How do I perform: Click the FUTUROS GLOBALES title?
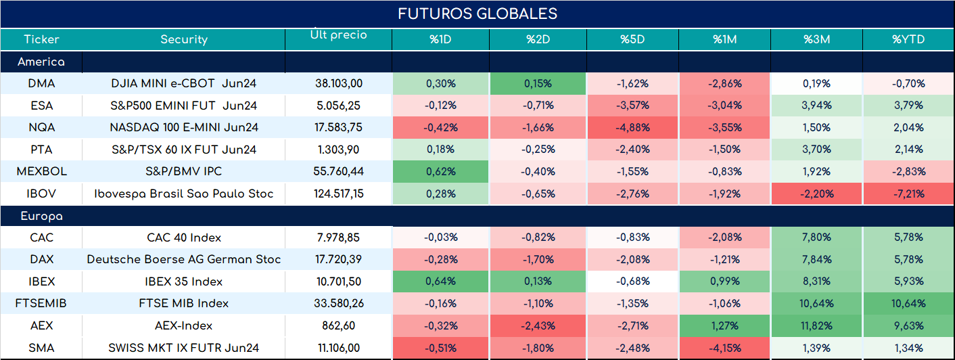(477, 14)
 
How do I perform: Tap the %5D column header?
(632, 39)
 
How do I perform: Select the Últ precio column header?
(339, 35)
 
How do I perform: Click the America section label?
(41, 62)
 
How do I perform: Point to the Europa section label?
(41, 217)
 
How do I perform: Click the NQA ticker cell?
(41, 127)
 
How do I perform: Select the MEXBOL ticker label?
(41, 171)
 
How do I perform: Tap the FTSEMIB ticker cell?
(41, 303)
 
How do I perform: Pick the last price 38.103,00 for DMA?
(339, 83)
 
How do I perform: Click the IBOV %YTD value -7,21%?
(909, 194)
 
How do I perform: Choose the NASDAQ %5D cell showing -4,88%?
(632, 127)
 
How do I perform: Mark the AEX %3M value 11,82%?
(816, 326)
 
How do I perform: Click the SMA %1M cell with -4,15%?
(725, 348)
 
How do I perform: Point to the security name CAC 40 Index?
(184, 238)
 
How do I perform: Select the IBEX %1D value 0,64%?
(440, 282)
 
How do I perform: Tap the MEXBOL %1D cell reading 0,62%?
(441, 171)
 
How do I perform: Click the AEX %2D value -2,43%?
(538, 326)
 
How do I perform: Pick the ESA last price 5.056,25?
(339, 106)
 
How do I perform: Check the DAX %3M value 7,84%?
(816, 259)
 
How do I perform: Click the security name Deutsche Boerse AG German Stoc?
(184, 259)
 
